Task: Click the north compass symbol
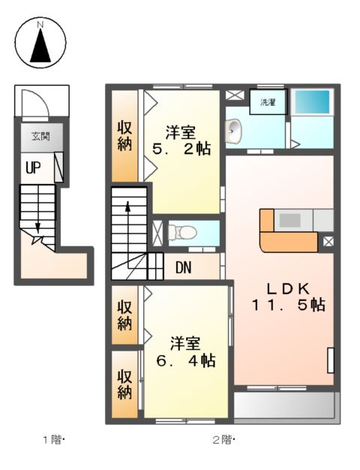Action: click(41, 42)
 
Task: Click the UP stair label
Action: click(33, 167)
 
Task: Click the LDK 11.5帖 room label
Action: click(287, 297)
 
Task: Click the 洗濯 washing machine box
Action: click(268, 103)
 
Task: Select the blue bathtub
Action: click(311, 101)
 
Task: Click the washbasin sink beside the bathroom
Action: click(235, 131)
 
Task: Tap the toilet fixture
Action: click(182, 232)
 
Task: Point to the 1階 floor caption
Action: click(53, 439)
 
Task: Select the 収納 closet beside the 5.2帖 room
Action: click(124, 135)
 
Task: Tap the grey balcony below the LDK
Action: click(284, 405)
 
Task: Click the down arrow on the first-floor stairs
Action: click(37, 225)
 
